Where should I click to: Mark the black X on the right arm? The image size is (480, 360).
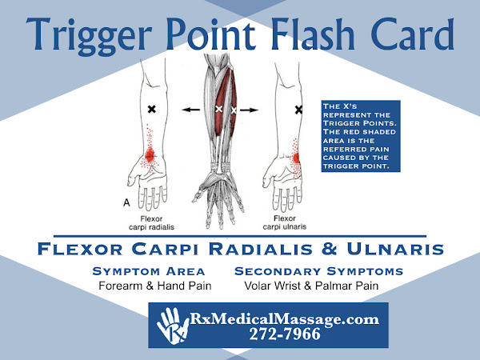[298, 109]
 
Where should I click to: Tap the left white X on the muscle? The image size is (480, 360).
[218, 109]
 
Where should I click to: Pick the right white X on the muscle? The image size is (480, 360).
[234, 109]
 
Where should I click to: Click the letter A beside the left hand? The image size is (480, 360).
[126, 204]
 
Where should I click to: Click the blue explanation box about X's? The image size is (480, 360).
[366, 135]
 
